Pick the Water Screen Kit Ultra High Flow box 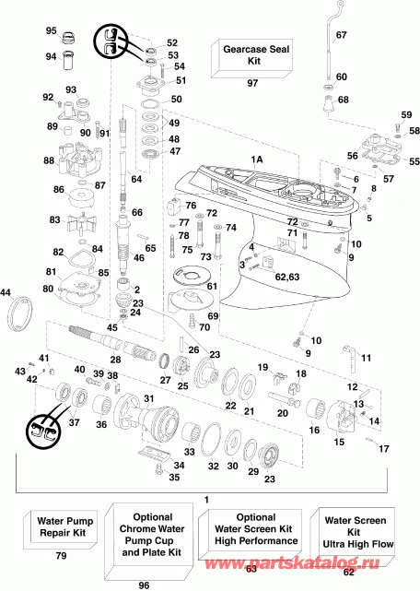pos(356,534)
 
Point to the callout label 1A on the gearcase pos(257,160)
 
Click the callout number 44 pos(7,292)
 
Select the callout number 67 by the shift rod pos(341,35)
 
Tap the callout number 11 pos(366,358)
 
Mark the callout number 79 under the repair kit pos(62,557)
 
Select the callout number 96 pos(145,584)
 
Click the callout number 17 pos(383,450)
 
